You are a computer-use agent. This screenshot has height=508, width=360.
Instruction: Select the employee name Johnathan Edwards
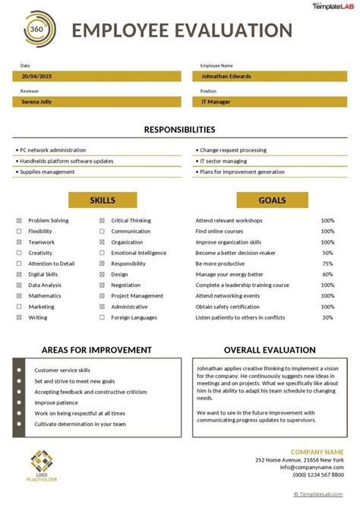[x=226, y=76]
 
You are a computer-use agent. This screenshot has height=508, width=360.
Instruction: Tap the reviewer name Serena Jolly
[x=37, y=101]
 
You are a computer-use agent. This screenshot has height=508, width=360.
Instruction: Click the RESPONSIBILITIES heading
[x=179, y=130]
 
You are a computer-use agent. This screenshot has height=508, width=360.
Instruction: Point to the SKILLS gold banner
[x=103, y=200]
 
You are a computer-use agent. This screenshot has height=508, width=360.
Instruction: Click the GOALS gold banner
[x=272, y=200]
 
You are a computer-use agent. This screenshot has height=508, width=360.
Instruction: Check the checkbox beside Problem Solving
[x=19, y=221]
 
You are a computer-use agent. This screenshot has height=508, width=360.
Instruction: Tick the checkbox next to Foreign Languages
[x=101, y=318]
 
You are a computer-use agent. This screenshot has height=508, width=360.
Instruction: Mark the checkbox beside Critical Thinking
[x=101, y=221]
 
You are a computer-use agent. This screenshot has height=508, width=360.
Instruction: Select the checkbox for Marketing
[x=19, y=308]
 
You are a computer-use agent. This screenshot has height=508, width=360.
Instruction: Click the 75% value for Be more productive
[x=327, y=263]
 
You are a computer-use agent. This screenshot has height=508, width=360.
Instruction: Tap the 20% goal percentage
[x=327, y=317]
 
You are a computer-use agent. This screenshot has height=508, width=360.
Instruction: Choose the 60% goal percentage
[x=327, y=274]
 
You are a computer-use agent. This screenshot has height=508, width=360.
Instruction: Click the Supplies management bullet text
[x=48, y=172]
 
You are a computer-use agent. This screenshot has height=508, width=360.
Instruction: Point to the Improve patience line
[x=56, y=402]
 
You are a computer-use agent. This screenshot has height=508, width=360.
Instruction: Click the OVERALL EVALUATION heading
[x=270, y=350]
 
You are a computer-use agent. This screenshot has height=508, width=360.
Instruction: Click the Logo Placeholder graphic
[x=42, y=465]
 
